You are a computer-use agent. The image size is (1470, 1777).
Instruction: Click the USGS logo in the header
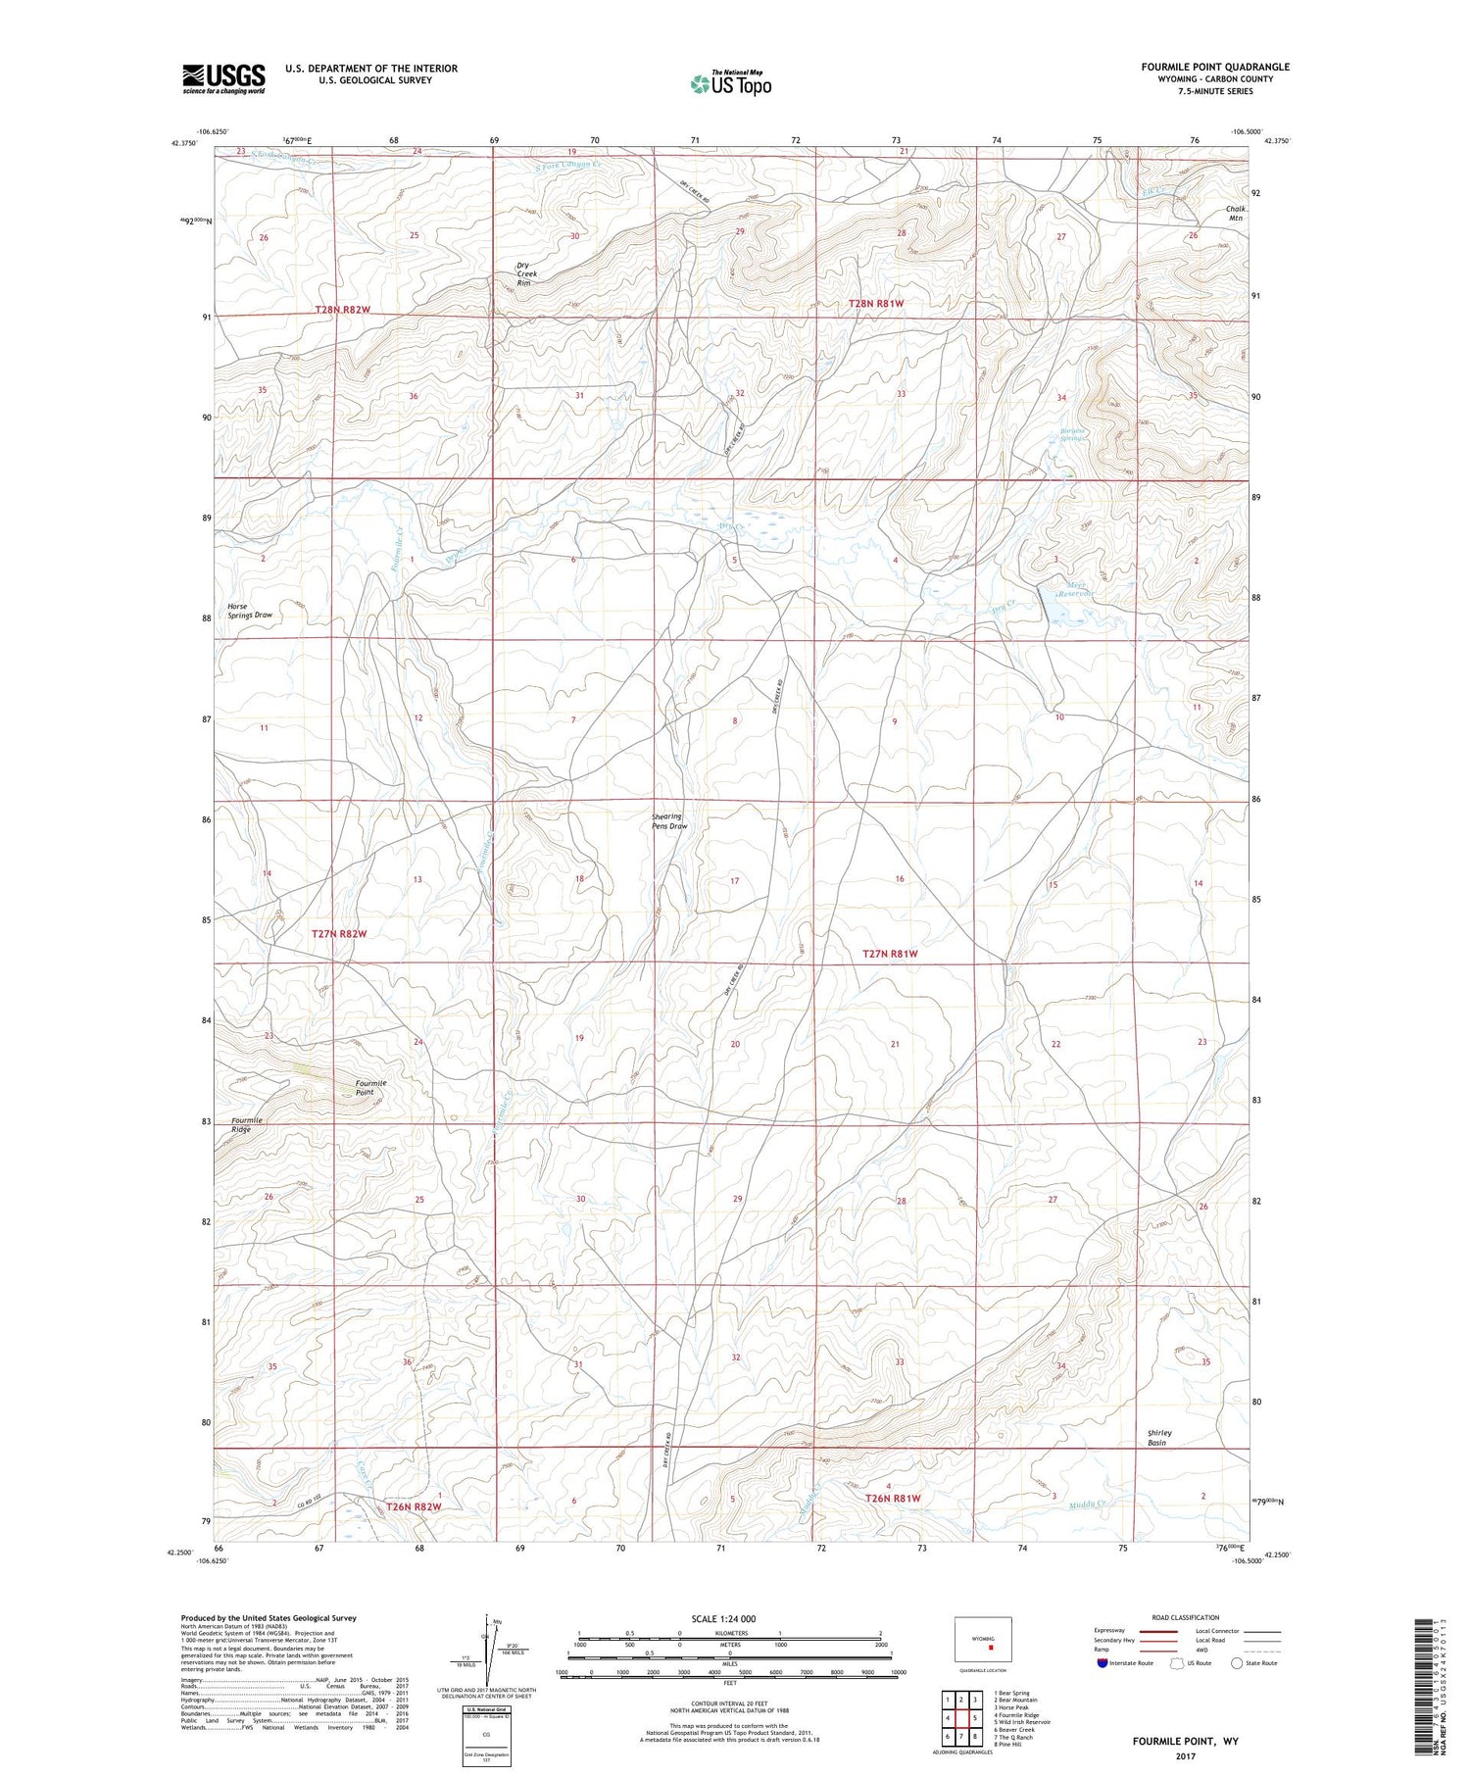coord(223,78)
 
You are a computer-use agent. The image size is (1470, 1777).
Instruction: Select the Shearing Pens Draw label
coord(669,821)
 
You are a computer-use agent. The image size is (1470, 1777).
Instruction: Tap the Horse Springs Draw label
coord(249,611)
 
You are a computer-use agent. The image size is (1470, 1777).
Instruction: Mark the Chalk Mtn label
coord(1235,213)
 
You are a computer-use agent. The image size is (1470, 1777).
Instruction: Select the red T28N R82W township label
coord(343,310)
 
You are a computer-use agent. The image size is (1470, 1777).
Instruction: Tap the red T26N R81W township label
coord(893,1499)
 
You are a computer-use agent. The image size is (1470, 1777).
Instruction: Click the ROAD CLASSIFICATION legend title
coord(1185,1617)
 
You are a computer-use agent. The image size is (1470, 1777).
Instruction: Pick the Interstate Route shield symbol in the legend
coord(1102,1663)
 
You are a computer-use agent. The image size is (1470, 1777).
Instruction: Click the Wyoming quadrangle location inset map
coord(982,1640)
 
